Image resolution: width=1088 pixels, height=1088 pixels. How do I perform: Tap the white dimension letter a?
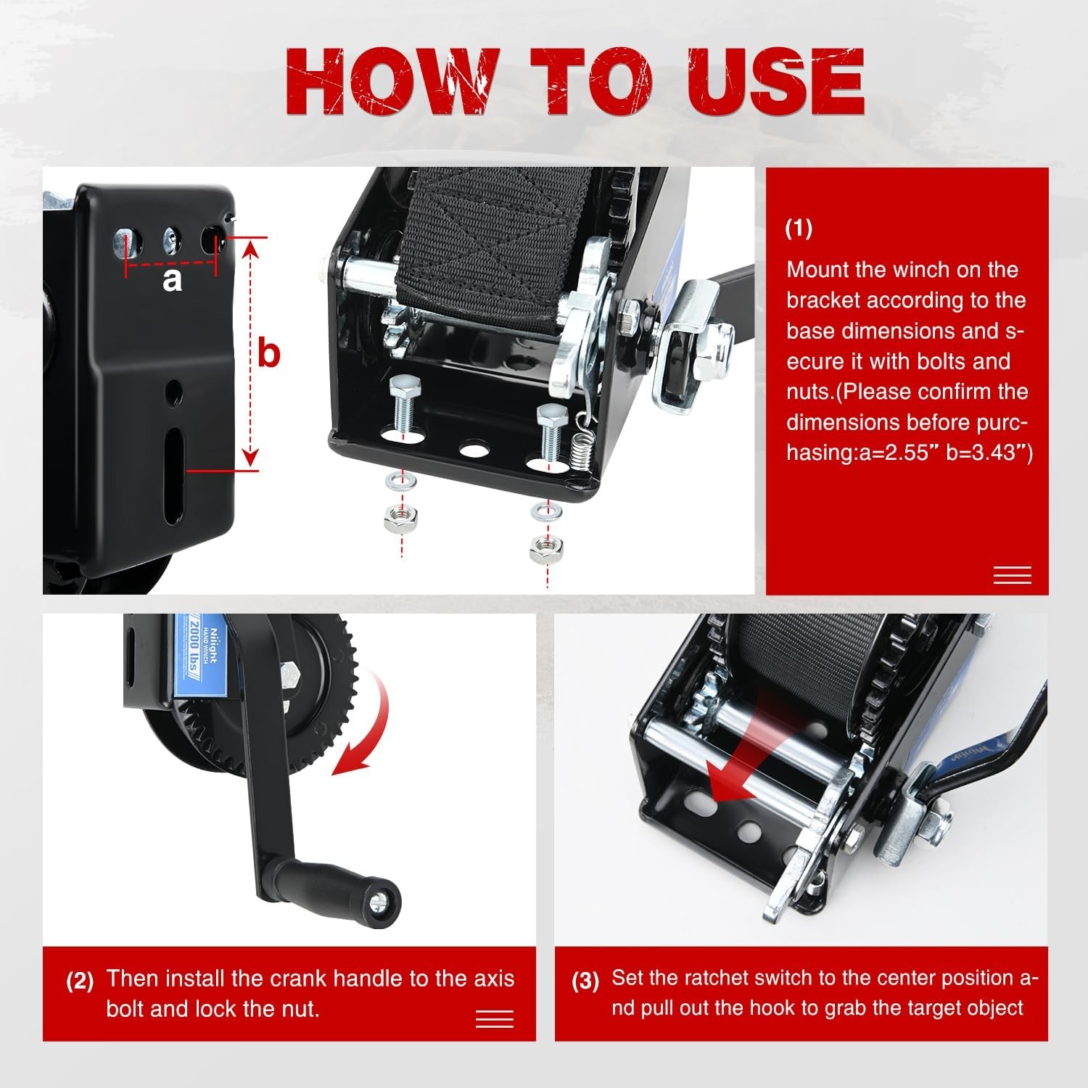172,279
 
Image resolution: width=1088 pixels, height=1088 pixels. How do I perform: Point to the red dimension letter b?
269,354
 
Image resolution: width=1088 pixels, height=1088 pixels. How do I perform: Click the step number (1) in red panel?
799,228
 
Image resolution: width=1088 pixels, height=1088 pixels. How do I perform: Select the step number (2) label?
80,981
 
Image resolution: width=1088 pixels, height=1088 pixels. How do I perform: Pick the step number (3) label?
585,981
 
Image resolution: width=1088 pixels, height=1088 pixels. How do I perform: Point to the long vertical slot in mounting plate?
174,475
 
